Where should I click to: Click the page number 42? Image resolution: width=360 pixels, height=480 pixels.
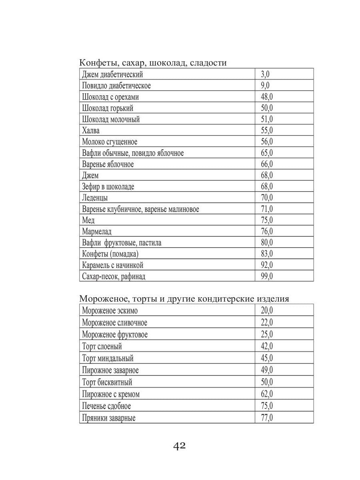[x=180, y=446]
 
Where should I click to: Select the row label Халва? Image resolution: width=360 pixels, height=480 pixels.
[x=91, y=130]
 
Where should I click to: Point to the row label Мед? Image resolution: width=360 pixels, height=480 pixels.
[x=88, y=220]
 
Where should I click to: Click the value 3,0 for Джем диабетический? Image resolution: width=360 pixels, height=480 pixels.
[x=265, y=74]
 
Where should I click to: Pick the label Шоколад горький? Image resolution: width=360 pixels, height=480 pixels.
[x=108, y=108]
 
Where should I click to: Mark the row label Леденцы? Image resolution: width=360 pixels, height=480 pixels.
[x=95, y=198]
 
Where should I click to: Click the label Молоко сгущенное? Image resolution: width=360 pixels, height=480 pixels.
[x=110, y=142]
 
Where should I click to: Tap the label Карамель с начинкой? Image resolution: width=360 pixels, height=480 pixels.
[x=112, y=265]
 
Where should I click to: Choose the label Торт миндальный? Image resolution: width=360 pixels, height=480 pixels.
[x=108, y=358]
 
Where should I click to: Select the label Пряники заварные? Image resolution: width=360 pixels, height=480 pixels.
[x=109, y=418]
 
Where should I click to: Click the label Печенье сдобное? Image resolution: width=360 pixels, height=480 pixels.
[x=106, y=406]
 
